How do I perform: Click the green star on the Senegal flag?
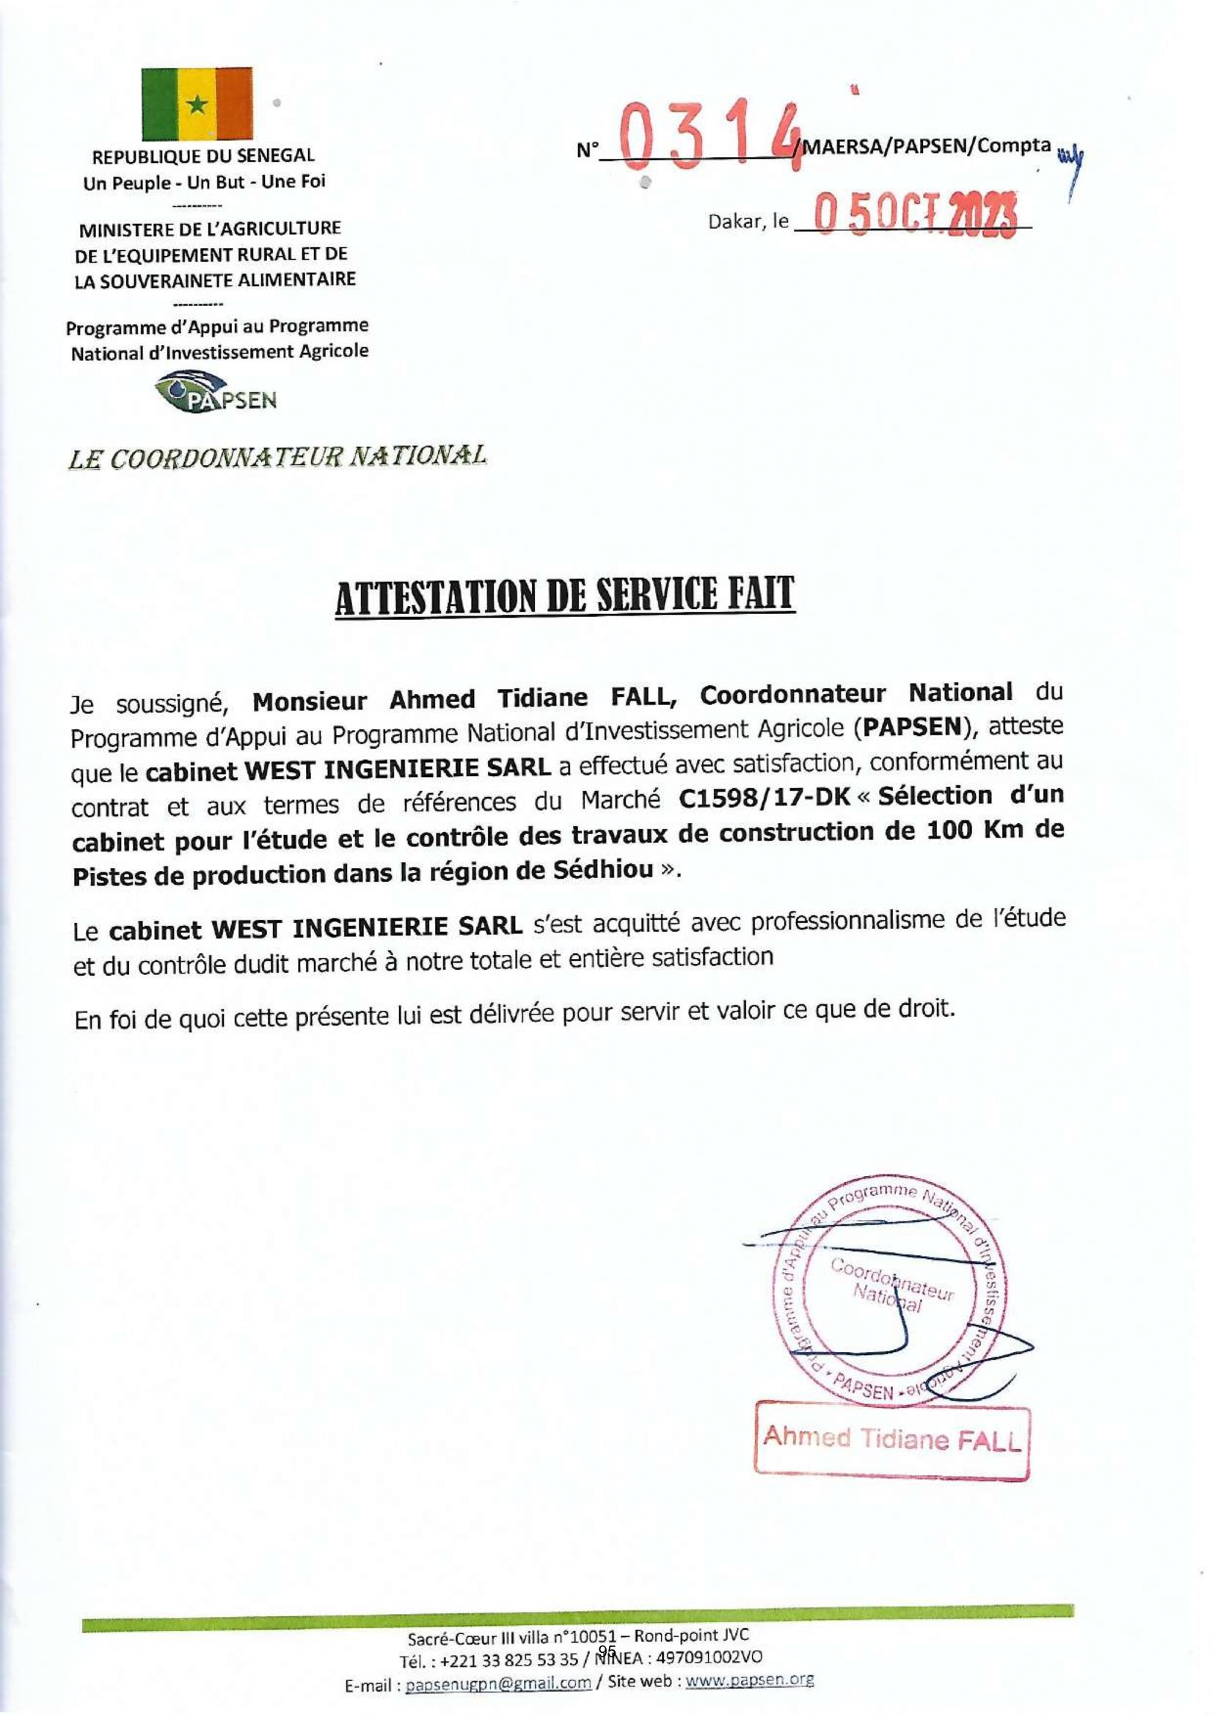197,105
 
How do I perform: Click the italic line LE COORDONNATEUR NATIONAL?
277,456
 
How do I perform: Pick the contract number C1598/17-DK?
765,797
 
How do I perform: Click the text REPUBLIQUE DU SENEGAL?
202,157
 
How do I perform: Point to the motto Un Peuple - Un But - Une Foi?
205,182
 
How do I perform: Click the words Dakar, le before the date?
748,222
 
